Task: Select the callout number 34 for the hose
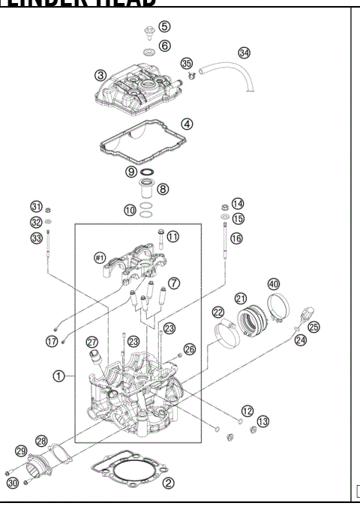coord(244,52)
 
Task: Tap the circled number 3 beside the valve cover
coord(100,75)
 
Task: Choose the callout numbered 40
coord(274,283)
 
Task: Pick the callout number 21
coord(241,298)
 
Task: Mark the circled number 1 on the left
coord(57,376)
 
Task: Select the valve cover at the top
coord(139,94)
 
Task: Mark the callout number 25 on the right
coord(313,327)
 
